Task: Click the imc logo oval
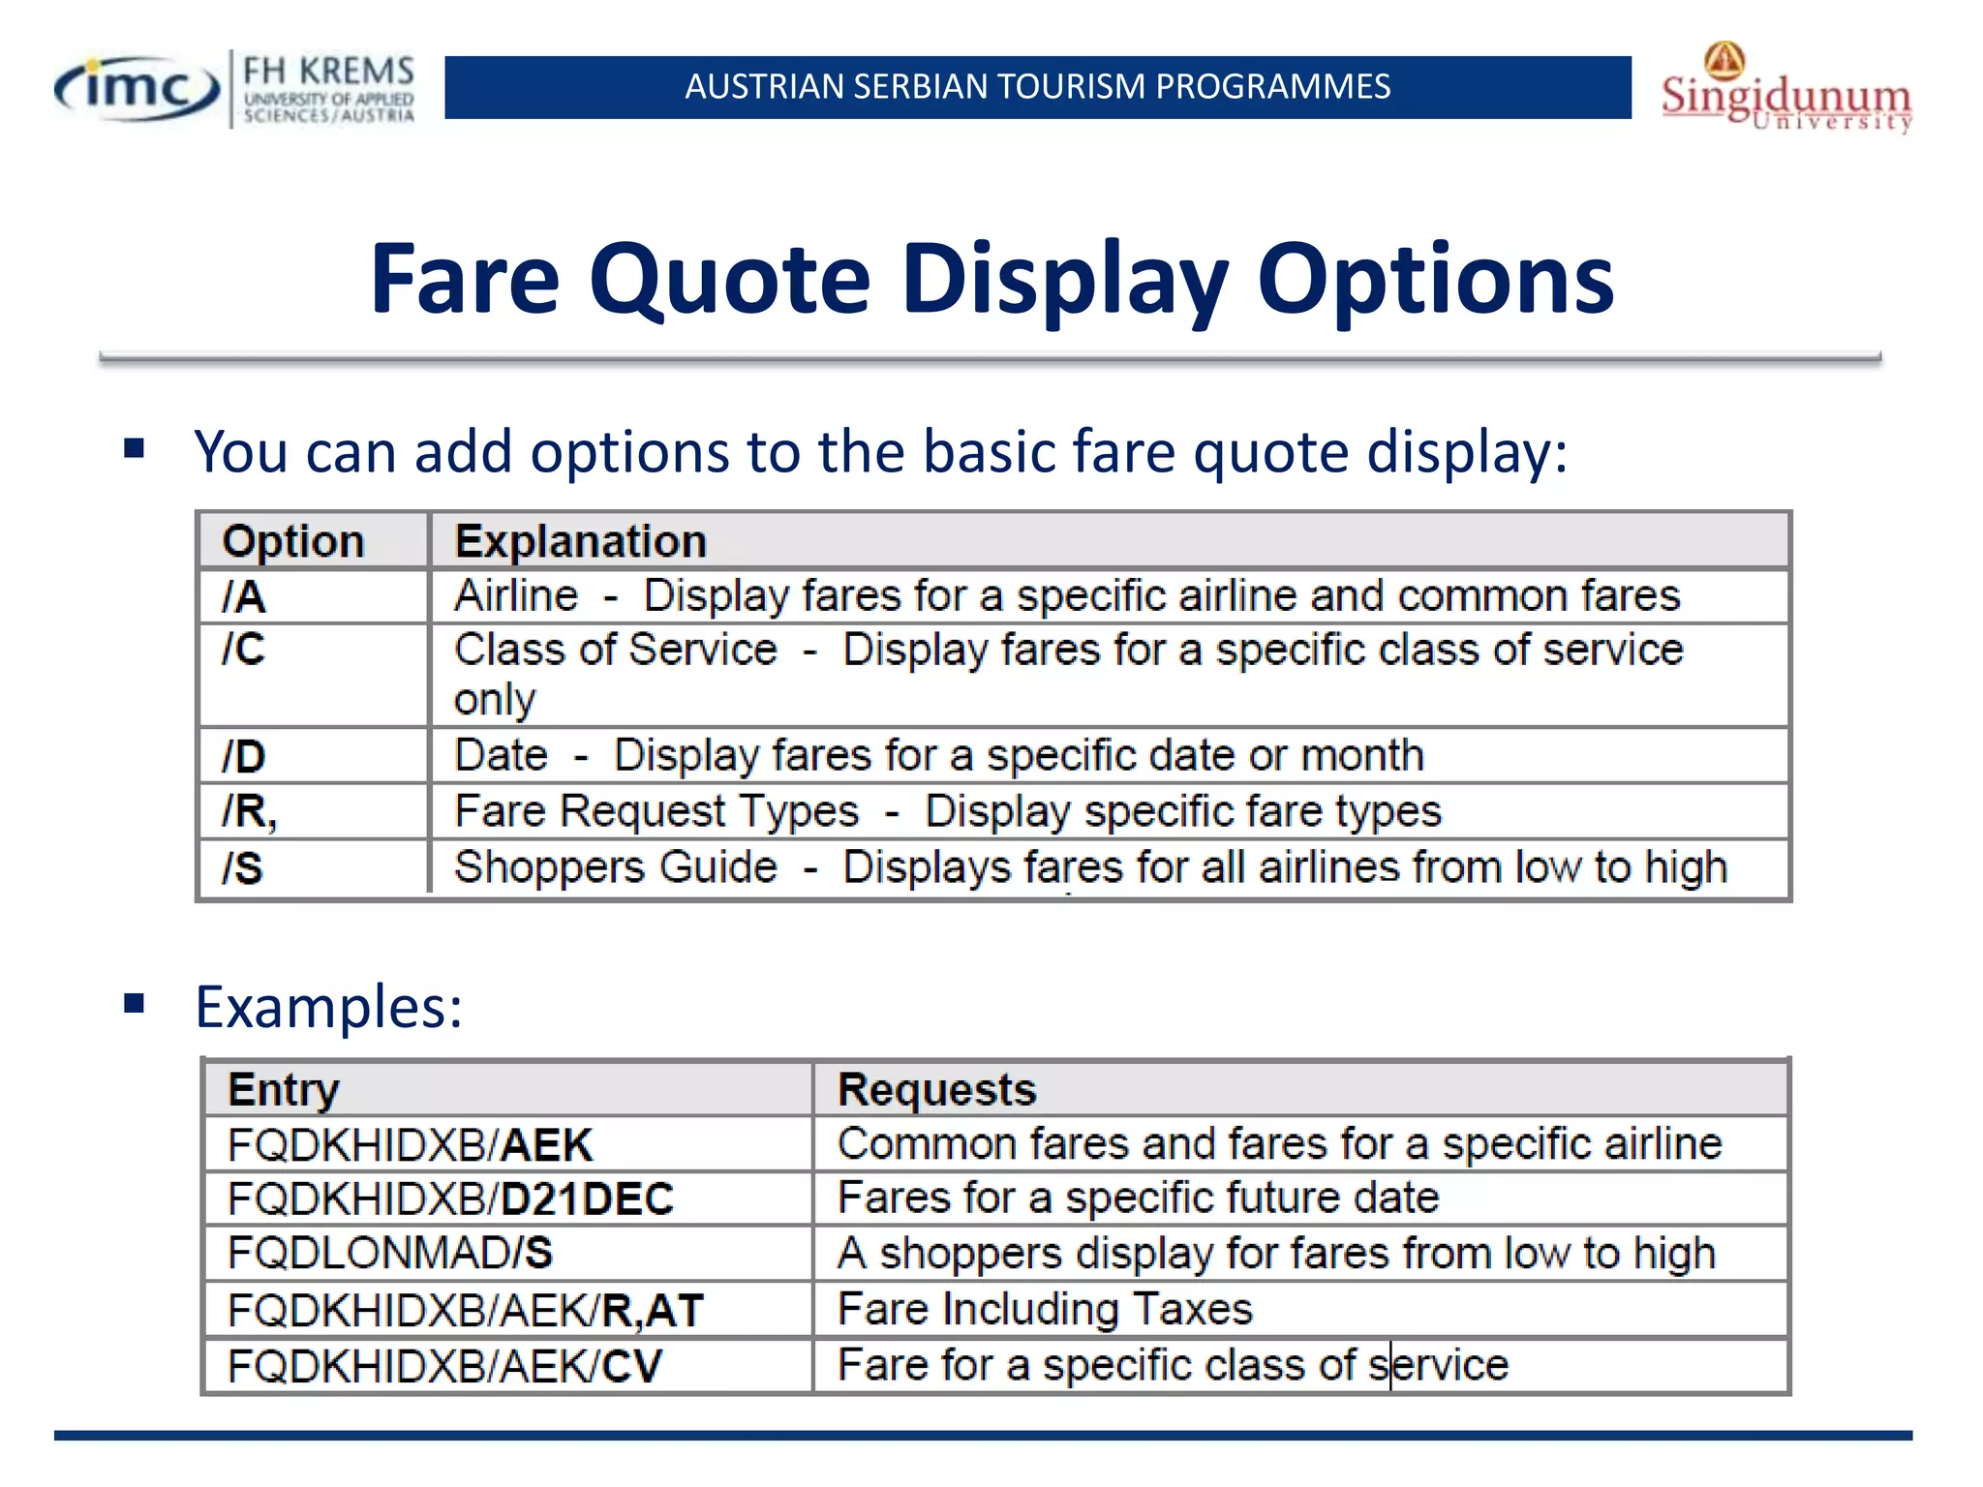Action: tap(136, 89)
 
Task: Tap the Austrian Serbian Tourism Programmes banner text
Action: tap(1037, 87)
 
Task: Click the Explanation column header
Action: tap(581, 541)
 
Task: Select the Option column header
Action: tap(293, 541)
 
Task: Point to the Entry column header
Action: tap(284, 1090)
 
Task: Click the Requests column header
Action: tap(936, 1090)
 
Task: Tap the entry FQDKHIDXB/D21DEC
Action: tap(450, 1199)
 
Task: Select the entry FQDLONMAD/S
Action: tap(390, 1254)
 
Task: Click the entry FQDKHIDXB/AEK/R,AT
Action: tap(465, 1311)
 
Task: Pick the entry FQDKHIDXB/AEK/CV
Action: tap(444, 1366)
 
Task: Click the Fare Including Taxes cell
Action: tap(1045, 1310)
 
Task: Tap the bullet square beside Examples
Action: tap(135, 1004)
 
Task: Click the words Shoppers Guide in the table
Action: tap(616, 867)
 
